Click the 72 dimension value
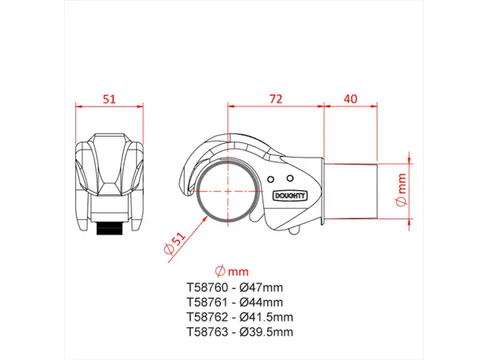[x=276, y=99]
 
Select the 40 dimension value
[x=350, y=99]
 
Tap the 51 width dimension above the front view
[x=110, y=99]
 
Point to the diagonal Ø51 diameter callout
[x=174, y=242]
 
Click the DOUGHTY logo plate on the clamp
[x=290, y=196]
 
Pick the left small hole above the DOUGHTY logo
[x=271, y=179]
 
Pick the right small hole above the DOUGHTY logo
[x=290, y=178]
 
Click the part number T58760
[x=207, y=287]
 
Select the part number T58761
[x=207, y=302]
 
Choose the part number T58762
[x=207, y=317]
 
